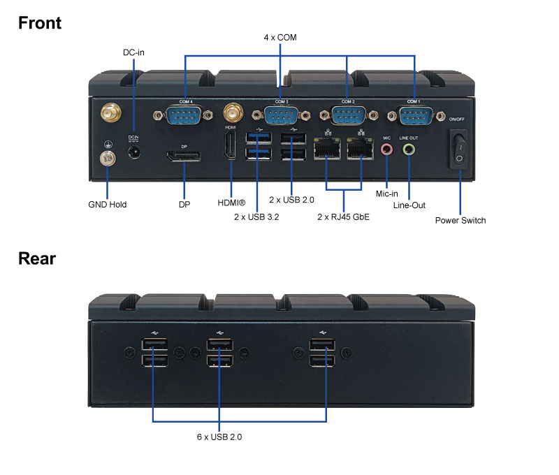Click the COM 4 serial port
coord(184,115)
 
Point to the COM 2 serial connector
coord(348,115)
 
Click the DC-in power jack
coord(133,149)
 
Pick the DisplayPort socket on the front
coord(184,154)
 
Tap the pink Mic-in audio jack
coord(386,149)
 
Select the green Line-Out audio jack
coord(409,149)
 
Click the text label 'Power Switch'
coord(460,220)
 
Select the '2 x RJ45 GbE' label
coord(343,217)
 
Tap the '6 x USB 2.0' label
coord(219,437)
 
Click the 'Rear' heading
coord(37,258)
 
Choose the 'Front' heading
coord(40,22)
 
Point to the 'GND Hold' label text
coord(108,205)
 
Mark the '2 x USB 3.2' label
coord(257,217)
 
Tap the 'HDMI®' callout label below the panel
coord(232,203)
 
